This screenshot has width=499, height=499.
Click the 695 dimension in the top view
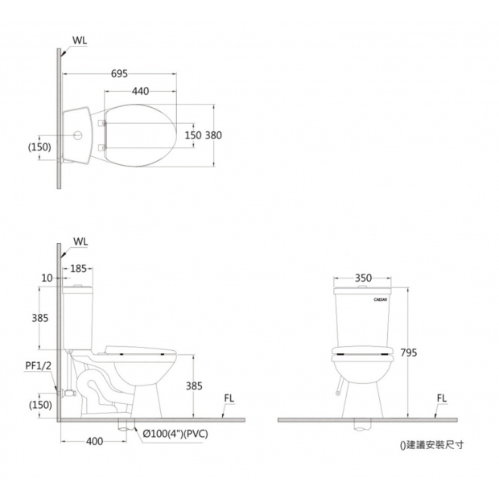tap(119, 74)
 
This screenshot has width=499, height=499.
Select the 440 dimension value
tap(140, 91)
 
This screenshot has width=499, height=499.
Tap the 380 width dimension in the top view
tap(213, 135)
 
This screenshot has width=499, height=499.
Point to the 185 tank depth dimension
tap(78, 269)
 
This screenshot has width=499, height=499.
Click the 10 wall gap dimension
tap(47, 278)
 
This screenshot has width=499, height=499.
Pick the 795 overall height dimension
tap(408, 353)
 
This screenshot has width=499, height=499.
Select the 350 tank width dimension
tap(363, 278)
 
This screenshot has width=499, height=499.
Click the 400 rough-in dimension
tap(94, 441)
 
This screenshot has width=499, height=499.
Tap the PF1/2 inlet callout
tap(38, 365)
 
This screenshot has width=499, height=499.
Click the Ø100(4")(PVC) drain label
tap(175, 434)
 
